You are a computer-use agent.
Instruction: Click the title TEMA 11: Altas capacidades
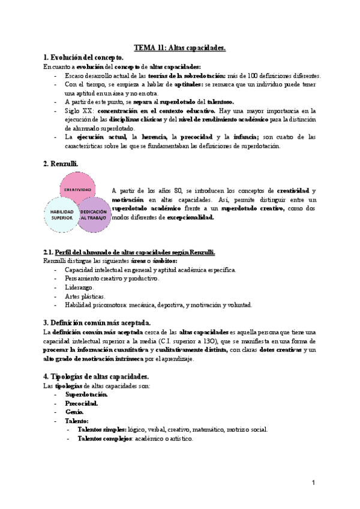179,47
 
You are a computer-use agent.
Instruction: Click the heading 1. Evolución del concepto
84,57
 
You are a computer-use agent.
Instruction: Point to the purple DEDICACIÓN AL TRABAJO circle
94,215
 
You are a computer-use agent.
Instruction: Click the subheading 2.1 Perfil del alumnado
129,252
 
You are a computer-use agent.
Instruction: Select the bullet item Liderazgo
80,287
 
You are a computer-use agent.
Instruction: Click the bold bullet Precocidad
82,403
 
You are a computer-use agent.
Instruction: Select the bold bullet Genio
75,412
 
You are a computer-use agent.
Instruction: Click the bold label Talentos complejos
104,439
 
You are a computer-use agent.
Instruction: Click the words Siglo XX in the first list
78,111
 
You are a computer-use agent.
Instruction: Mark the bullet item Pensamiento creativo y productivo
112,279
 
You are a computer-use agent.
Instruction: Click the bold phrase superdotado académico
146,208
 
